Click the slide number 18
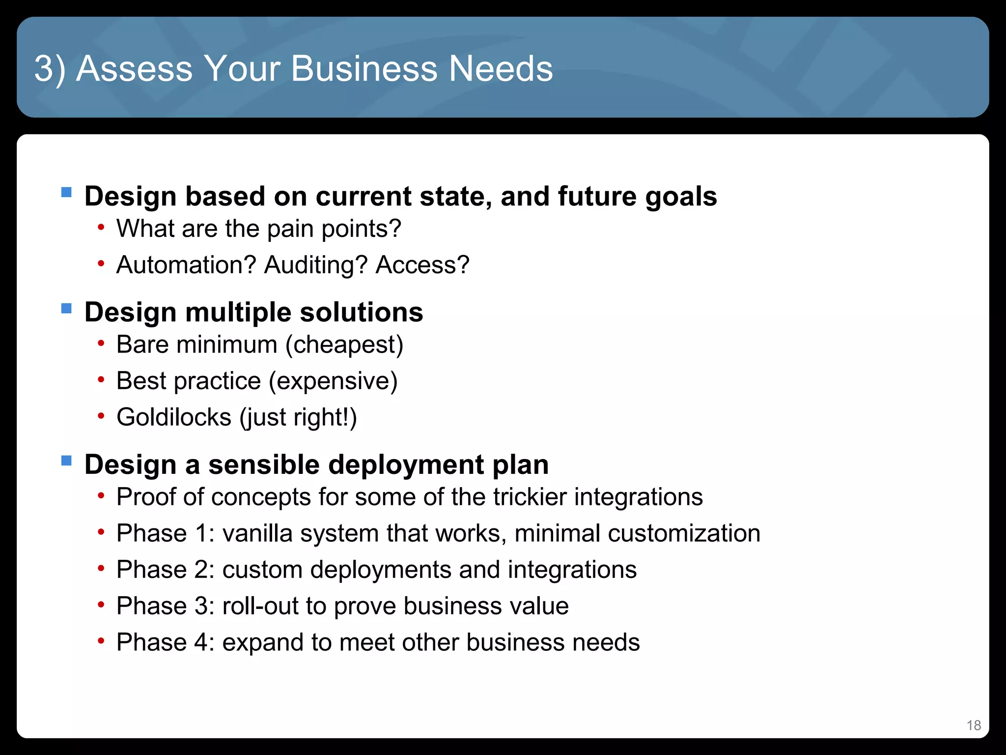tap(974, 726)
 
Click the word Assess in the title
tap(134, 68)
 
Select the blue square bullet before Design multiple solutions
tap(66, 309)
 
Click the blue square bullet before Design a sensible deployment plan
tap(66, 461)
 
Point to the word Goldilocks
tap(173, 417)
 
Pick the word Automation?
tap(186, 265)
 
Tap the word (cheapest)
tap(344, 345)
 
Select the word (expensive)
tap(333, 381)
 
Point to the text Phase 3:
tap(166, 606)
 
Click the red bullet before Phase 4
tap(101, 641)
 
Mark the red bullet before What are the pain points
tap(101, 228)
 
